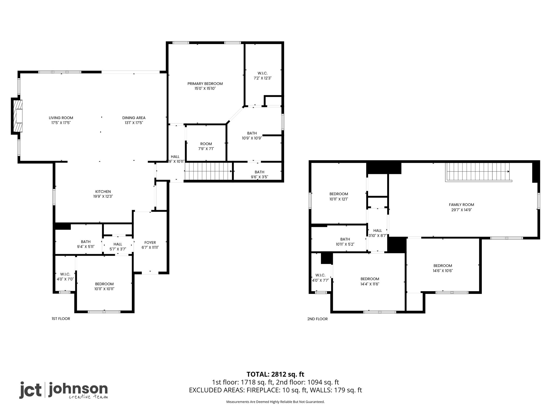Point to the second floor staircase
tap(479, 172)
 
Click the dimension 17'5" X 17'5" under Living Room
tap(61, 123)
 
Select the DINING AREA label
tap(134, 118)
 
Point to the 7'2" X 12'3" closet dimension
tap(263, 78)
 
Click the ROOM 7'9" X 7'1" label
tap(206, 146)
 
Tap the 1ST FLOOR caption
tap(61, 319)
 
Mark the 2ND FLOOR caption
tap(317, 319)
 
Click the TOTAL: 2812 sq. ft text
tap(275, 374)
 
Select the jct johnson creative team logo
tap(63, 390)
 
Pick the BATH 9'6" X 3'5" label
tap(259, 175)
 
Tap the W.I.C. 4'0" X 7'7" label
tap(320, 277)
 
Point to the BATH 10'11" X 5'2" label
tap(345, 242)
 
